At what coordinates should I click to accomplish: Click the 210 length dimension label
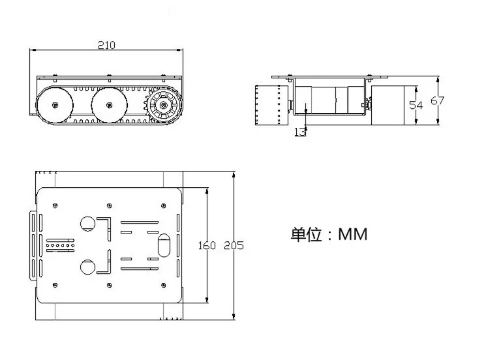tap(106, 45)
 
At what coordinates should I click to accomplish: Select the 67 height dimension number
tap(438, 100)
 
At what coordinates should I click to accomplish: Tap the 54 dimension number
tap(416, 105)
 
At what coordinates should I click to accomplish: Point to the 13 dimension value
tap(300, 132)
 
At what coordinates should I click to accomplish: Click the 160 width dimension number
tap(206, 246)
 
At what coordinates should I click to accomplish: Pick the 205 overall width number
tap(234, 246)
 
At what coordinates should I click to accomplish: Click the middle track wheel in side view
tap(108, 104)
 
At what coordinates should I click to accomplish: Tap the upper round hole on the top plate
tap(87, 223)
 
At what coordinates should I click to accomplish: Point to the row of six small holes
tap(61, 246)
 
